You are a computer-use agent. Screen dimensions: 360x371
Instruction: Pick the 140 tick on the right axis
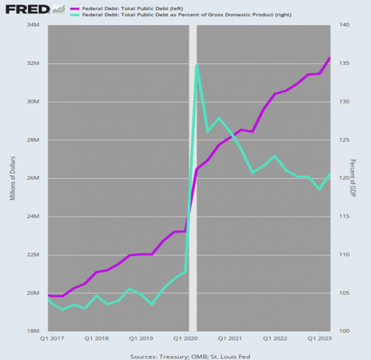point(344,25)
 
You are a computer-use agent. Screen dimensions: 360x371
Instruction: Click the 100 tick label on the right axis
point(344,331)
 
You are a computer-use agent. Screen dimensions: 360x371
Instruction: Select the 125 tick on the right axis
point(344,140)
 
